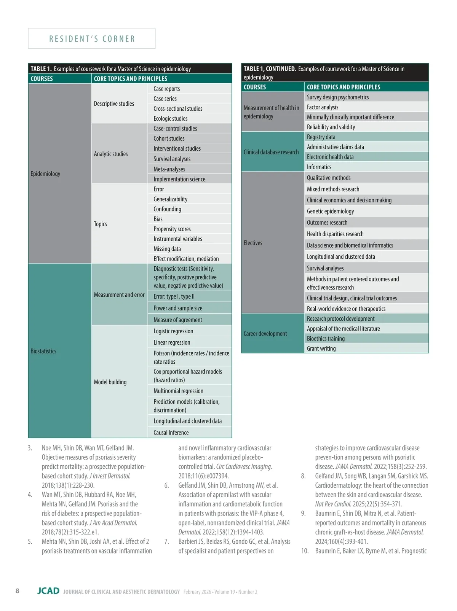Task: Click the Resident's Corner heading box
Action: click(92, 38)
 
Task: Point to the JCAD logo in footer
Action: click(48, 591)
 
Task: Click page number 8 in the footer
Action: click(18, 590)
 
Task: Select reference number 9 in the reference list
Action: click(304, 513)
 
